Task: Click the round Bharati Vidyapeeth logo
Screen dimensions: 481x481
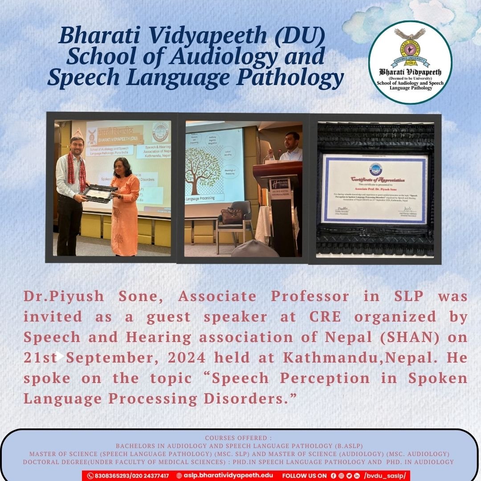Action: coord(410,62)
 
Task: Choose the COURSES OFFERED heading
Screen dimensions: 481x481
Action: coord(240,438)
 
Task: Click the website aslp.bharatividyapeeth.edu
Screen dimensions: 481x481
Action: coord(228,476)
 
